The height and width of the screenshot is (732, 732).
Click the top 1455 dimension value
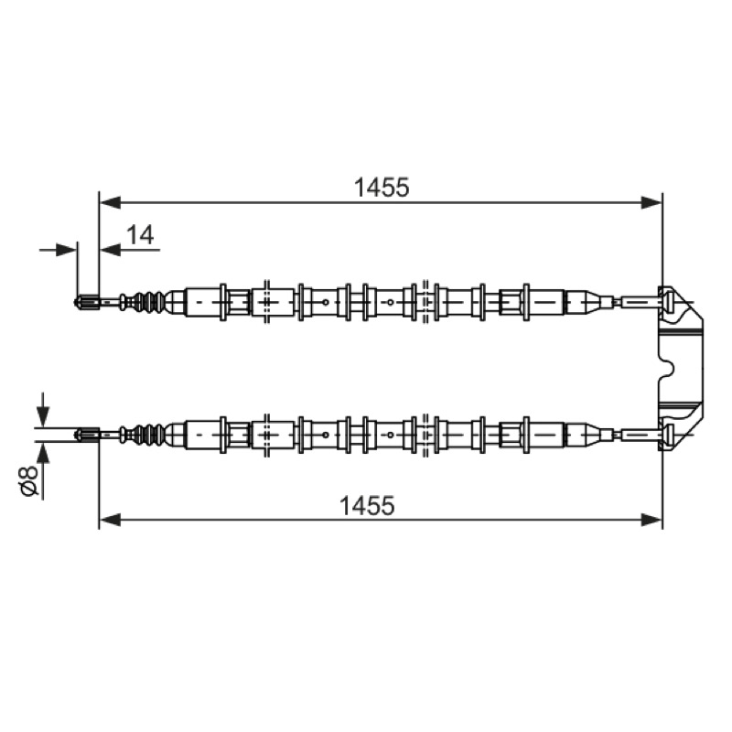382,188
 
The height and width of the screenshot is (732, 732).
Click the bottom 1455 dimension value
367,505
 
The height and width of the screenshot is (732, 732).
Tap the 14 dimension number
140,235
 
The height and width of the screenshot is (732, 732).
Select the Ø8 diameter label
29,480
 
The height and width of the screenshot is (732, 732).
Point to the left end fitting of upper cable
87,302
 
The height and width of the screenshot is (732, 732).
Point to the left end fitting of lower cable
87,435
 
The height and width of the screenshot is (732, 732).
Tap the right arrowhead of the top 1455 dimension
651,202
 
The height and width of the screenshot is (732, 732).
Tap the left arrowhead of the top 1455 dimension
110,202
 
